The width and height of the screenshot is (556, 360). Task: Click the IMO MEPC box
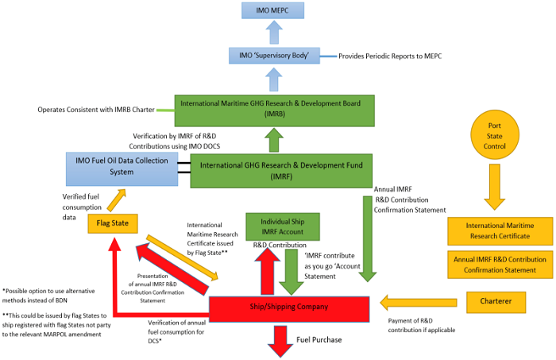pos(272,10)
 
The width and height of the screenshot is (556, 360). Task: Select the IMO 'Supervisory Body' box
pos(274,56)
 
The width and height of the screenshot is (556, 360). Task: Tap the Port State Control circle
pos(495,135)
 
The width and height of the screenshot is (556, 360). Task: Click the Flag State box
pos(113,223)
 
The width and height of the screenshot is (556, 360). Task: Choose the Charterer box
pos(496,302)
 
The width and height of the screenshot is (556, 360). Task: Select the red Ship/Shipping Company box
pos(289,309)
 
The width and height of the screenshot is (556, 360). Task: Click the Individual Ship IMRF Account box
pos(283,226)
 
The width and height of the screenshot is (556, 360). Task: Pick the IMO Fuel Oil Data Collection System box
pos(122,169)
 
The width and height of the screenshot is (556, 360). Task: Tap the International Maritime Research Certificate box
pos(500,231)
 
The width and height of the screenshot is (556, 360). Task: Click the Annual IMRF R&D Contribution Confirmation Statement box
pos(500,265)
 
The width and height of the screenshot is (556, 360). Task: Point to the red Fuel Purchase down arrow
pos(280,341)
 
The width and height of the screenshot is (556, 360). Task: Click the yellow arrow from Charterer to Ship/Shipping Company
pos(419,303)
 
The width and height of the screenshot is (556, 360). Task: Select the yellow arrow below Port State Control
pos(495,187)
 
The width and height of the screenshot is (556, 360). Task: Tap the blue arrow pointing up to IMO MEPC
pos(274,33)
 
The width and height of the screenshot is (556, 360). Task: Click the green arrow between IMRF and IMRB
pos(274,140)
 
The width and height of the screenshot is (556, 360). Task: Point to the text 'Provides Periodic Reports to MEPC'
pos(390,56)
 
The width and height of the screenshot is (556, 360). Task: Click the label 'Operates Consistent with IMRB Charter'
pos(96,110)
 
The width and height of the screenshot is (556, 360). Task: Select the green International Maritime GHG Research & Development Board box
pos(275,110)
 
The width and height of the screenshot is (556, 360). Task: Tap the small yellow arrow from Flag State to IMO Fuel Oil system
pos(116,200)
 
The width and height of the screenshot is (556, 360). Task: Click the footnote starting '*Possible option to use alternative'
pos(48,296)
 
